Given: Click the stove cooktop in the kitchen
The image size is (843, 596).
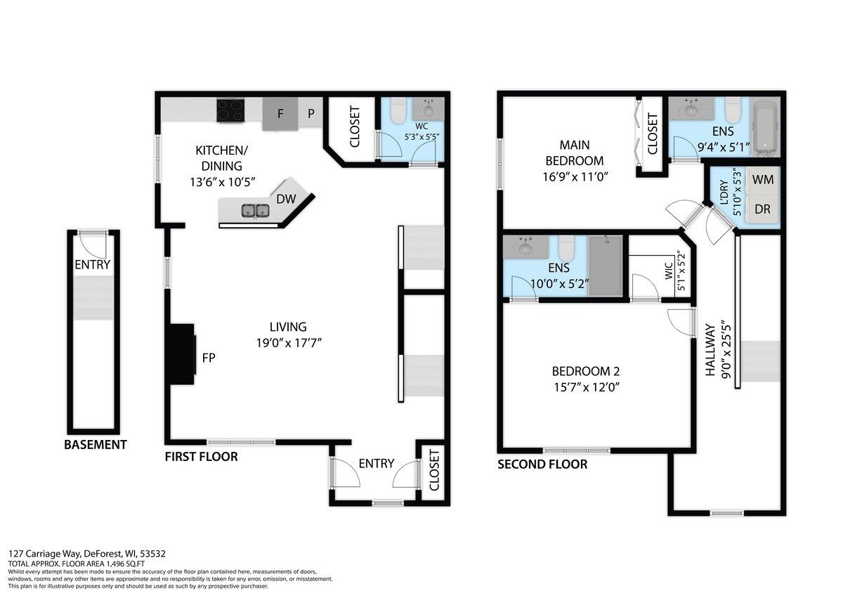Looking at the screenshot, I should [x=230, y=111].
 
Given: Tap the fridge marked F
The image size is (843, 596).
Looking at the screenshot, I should [x=280, y=114].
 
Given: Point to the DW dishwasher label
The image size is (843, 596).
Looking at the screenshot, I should [x=286, y=199].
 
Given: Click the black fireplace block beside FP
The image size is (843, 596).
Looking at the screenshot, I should [x=183, y=354].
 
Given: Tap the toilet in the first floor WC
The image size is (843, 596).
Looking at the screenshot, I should [x=398, y=110].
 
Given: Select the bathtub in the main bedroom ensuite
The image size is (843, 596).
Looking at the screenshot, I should [x=764, y=127].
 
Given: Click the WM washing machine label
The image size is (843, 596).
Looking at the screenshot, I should [x=762, y=180].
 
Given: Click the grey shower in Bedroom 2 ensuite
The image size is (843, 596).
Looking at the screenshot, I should [x=605, y=266].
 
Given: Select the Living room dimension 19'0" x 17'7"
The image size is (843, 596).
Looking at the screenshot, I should [x=288, y=343].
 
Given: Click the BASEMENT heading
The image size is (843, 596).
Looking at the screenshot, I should [x=96, y=445].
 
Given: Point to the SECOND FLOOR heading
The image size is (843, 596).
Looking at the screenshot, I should [x=542, y=465].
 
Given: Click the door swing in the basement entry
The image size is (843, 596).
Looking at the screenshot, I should [x=91, y=244].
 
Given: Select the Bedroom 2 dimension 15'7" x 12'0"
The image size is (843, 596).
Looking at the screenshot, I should [x=585, y=387].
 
